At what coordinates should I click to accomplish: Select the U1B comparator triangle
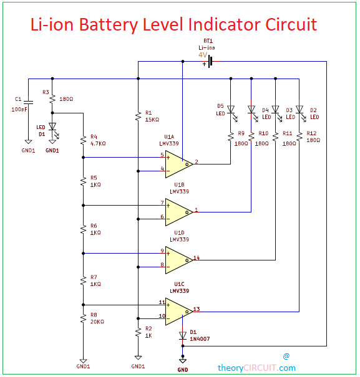click(x=178, y=211)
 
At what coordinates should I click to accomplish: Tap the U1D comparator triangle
click(x=178, y=259)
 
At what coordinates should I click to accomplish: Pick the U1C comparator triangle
click(x=178, y=310)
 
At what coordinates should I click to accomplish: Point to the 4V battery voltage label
click(x=203, y=55)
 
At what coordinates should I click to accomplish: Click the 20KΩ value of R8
click(x=99, y=322)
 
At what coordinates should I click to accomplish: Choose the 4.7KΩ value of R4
click(x=99, y=143)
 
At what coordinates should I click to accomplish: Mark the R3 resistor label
click(x=46, y=92)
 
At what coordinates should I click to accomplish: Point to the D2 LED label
click(x=314, y=110)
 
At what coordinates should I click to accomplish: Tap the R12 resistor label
click(x=313, y=133)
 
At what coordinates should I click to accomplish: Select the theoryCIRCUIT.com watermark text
click(x=256, y=368)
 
